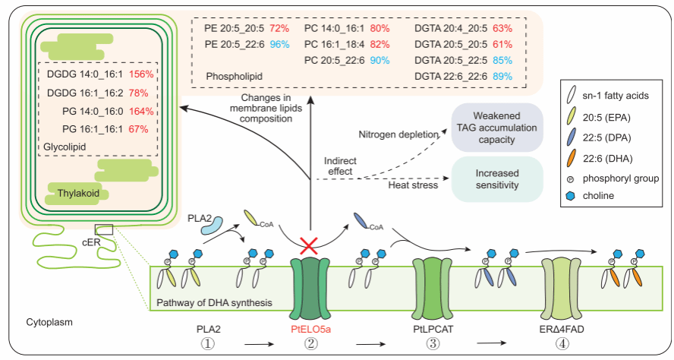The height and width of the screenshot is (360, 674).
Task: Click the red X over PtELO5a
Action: click(309, 245)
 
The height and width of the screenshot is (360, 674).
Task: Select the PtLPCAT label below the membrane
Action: click(433, 329)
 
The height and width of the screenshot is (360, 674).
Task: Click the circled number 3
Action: click(433, 346)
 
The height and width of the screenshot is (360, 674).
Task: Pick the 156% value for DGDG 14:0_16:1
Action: click(141, 74)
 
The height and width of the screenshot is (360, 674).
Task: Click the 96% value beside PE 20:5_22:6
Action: click(279, 44)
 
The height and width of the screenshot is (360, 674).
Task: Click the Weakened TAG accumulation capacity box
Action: click(496, 125)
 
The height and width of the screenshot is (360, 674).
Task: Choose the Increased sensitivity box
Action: click(496, 178)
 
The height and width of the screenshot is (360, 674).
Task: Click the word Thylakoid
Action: click(78, 194)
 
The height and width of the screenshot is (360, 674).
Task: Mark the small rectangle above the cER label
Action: click(103, 229)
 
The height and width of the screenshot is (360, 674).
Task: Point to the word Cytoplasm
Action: click(50, 322)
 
